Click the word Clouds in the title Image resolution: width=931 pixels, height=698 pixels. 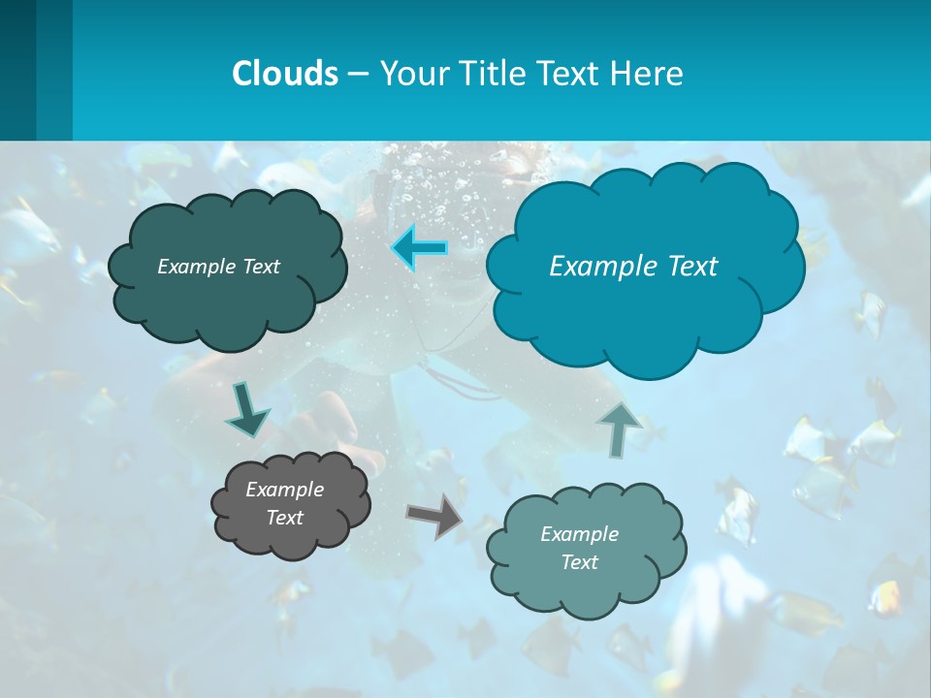[x=284, y=74]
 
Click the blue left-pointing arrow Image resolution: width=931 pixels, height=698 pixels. [x=419, y=248]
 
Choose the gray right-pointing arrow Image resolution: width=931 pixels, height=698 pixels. [x=435, y=516]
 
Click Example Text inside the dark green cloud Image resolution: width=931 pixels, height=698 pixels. [x=218, y=267]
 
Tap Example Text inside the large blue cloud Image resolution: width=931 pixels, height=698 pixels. [x=633, y=267]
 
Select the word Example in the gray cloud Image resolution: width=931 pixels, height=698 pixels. [x=284, y=490]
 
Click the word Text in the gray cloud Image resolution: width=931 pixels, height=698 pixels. [x=284, y=518]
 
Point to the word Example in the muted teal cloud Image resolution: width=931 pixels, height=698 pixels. [x=579, y=534]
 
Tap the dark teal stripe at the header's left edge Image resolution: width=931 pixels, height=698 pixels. [x=17, y=70]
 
